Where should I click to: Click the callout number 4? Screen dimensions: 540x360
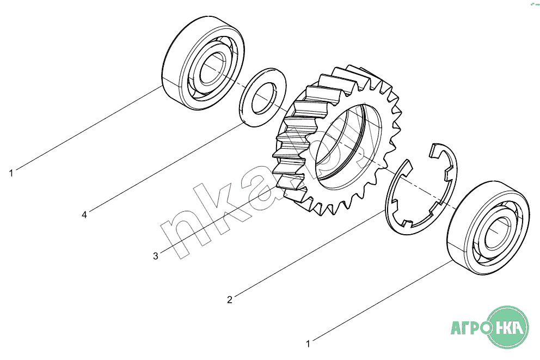[84, 215]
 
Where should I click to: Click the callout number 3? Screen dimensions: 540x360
[156, 257]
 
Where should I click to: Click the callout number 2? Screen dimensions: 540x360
[230, 300]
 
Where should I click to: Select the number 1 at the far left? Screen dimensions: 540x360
[11, 173]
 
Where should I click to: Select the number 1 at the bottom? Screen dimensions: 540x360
[308, 344]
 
